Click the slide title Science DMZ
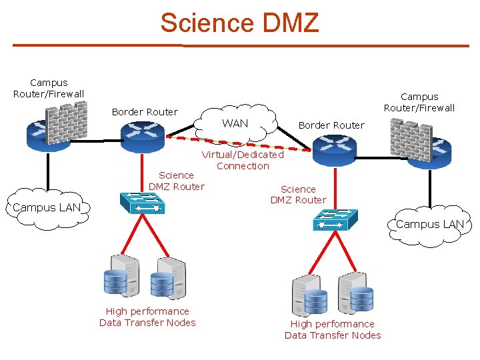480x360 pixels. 239,23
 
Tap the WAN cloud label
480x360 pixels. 235,123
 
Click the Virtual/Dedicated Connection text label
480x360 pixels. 243,160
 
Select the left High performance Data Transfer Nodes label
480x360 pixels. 147,317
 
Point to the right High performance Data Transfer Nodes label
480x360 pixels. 333,329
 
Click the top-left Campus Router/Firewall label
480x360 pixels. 49,88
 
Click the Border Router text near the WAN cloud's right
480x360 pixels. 331,125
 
